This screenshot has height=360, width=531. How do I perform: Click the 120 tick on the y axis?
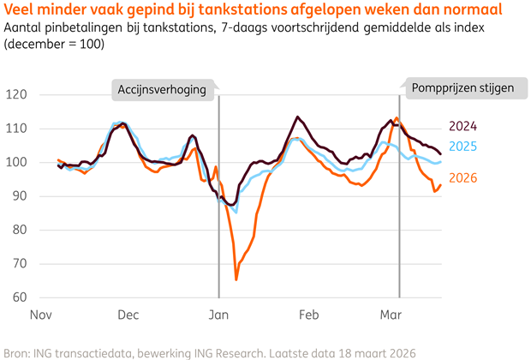15,94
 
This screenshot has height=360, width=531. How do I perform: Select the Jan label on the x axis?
219,315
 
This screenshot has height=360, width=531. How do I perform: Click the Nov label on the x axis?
42,315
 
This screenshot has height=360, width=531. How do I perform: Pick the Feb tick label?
307,315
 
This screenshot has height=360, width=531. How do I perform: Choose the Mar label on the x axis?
391,315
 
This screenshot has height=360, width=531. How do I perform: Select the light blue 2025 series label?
462,147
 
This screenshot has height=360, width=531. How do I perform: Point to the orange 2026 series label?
462,177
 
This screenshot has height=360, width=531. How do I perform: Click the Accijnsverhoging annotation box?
163,88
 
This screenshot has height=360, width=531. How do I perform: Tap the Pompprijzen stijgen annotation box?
455,88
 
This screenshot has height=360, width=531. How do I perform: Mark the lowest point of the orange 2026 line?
236,279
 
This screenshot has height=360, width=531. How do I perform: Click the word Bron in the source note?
18,351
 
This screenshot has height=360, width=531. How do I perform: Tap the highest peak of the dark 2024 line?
298,117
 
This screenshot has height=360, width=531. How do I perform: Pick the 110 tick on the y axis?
15,129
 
